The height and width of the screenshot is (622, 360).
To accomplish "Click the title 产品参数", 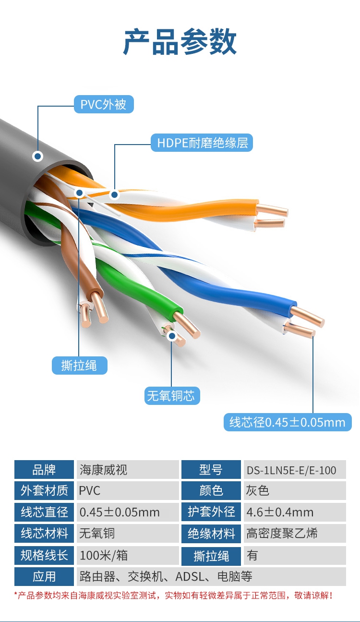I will coord(180,42).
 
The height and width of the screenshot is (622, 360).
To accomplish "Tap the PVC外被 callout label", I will coord(104,104).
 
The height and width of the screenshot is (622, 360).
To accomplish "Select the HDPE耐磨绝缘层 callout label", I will coord(202,143).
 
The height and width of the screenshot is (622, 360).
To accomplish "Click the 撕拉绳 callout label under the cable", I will coord(79,366).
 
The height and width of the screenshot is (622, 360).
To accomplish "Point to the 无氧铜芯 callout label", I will coord(172,396).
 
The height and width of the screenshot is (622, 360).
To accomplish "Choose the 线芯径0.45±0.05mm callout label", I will coord(287,422).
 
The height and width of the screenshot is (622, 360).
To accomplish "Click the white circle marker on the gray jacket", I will coord(37,156).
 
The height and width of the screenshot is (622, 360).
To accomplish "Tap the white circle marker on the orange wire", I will coord(114,195).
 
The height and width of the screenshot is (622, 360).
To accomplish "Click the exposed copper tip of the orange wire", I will coord(273,209).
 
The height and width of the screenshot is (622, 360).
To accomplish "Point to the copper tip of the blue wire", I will coord(307,315).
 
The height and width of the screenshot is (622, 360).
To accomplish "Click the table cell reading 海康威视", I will coord(129,469).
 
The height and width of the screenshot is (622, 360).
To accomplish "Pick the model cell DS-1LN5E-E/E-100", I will coord(294,469).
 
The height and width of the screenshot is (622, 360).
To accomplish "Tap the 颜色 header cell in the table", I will coord(211,490).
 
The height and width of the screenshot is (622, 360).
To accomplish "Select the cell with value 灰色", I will coord(294,490).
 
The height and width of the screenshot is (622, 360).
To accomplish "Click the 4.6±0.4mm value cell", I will coord(294,512).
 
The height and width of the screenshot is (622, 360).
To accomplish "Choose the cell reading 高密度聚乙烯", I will coord(294,533).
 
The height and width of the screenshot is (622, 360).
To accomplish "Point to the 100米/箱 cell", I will coord(129,555).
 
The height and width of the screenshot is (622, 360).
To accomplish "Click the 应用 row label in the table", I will coord(44,576).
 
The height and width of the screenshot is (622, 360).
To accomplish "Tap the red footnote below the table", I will coord(173,596).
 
